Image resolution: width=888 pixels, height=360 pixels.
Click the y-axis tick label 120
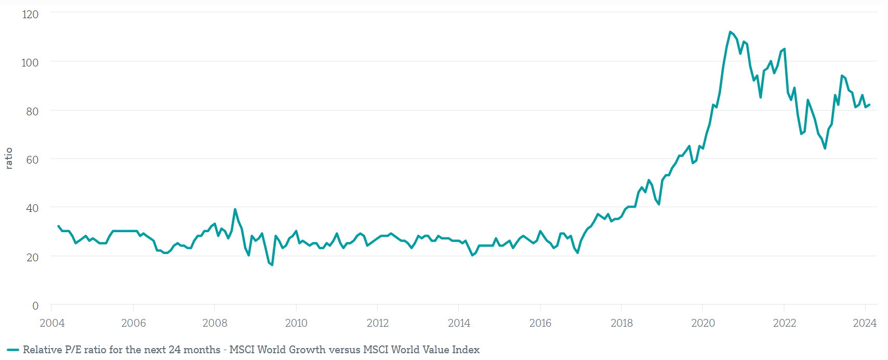pyautogui.click(x=30, y=15)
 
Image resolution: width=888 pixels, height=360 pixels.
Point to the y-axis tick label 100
pyautogui.click(x=30, y=62)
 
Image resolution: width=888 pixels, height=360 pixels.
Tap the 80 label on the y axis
pyautogui.click(x=32, y=111)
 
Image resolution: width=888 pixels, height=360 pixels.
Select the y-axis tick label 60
pyautogui.click(x=32, y=159)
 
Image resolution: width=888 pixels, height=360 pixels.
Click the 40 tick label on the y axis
pyautogui.click(x=32, y=208)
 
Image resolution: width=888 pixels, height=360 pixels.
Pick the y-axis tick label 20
pyautogui.click(x=32, y=257)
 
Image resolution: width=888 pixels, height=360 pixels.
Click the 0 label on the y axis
pyautogui.click(x=35, y=305)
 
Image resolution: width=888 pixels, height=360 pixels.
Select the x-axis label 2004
pyautogui.click(x=52, y=323)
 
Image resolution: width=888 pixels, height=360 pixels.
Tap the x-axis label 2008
pyautogui.click(x=215, y=323)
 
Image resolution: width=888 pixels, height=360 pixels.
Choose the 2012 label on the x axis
pyautogui.click(x=377, y=323)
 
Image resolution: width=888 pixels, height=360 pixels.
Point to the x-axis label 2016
pyautogui.click(x=540, y=323)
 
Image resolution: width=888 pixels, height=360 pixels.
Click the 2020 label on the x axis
pyautogui.click(x=703, y=323)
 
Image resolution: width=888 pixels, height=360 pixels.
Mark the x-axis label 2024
pyautogui.click(x=865, y=323)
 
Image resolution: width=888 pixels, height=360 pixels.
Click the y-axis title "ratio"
pyautogui.click(x=9, y=158)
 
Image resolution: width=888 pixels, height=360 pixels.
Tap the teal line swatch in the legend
pyautogui.click(x=13, y=350)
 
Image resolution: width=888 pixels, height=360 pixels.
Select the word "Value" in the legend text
pyautogui.click(x=435, y=350)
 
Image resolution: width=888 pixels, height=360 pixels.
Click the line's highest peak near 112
pyautogui.click(x=730, y=32)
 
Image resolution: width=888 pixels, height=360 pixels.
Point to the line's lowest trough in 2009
pyautogui.click(x=272, y=265)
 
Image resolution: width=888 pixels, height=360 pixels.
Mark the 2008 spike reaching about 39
pyautogui.click(x=235, y=209)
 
